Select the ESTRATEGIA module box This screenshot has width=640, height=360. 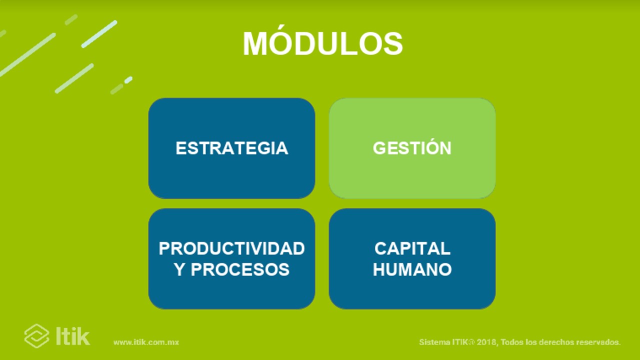(x=231, y=148)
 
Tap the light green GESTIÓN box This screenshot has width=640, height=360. (x=412, y=148)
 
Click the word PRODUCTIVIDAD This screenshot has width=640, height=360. (x=231, y=248)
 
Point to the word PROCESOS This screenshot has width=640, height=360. (x=240, y=269)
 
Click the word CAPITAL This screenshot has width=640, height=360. (x=412, y=248)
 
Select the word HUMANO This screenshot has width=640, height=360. (x=412, y=269)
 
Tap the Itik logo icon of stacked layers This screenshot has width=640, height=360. (x=36, y=336)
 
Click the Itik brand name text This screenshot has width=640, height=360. (x=73, y=336)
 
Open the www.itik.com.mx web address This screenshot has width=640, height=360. (x=146, y=342)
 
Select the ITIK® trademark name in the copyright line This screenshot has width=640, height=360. (x=463, y=342)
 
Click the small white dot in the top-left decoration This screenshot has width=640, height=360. (x=128, y=79)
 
